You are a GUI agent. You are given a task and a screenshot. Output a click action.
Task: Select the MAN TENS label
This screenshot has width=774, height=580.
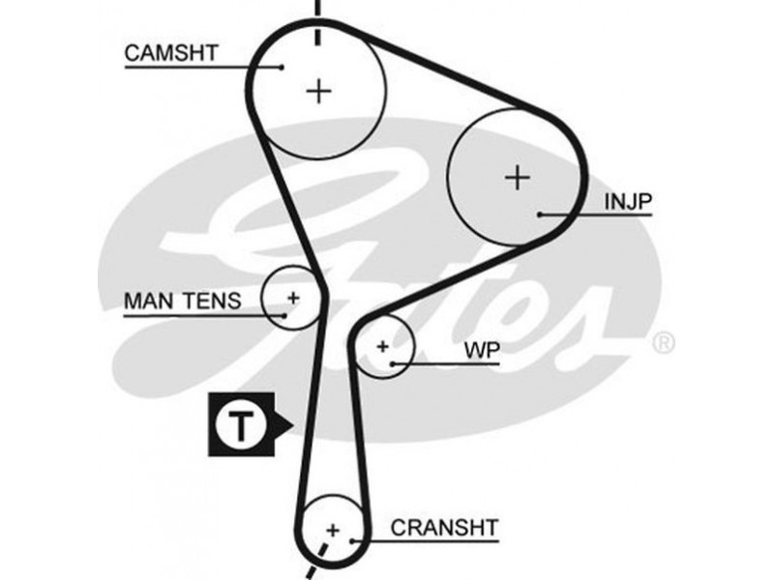[182, 301]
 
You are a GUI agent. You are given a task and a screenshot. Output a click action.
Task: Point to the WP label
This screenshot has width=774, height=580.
[481, 350]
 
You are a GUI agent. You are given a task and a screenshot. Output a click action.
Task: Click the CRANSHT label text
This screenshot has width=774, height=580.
[444, 528]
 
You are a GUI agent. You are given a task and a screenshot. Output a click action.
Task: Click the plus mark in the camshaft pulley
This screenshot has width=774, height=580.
[319, 91]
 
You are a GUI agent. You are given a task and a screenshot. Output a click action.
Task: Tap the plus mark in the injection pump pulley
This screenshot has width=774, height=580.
[519, 177]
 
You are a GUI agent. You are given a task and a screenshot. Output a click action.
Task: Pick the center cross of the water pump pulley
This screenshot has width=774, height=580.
[383, 345]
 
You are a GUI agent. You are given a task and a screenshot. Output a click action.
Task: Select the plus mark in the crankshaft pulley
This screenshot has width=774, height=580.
[334, 530]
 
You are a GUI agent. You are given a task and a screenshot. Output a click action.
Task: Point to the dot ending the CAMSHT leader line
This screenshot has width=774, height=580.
[282, 67]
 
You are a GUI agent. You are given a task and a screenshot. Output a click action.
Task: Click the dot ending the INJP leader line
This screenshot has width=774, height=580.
[541, 213]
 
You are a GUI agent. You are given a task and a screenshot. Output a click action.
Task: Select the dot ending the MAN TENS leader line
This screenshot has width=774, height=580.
[284, 313]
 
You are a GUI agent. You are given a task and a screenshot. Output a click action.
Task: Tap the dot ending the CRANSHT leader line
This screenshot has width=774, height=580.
[357, 539]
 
